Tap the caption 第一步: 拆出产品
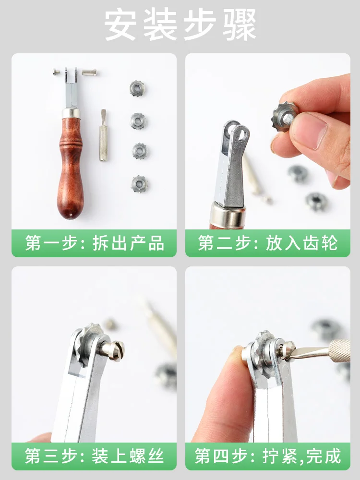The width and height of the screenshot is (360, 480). tap(94, 243)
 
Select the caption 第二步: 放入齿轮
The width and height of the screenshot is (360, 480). tap(268, 243)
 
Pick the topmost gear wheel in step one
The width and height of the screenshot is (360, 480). tap(137, 88)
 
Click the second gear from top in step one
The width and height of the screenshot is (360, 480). tap(138, 120)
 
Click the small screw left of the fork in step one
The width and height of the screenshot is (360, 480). tap(56, 72)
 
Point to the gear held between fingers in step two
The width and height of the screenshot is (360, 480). tap(283, 115)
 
